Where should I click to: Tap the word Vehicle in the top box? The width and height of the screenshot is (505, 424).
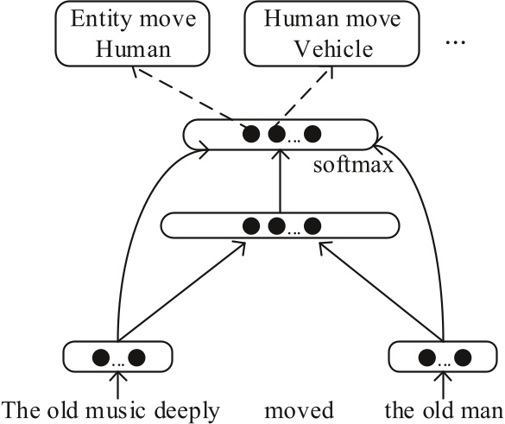pyautogui.click(x=331, y=48)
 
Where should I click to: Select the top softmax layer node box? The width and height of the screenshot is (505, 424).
pyautogui.click(x=281, y=135)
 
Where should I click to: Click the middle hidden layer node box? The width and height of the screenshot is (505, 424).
pyautogui.click(x=281, y=227)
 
